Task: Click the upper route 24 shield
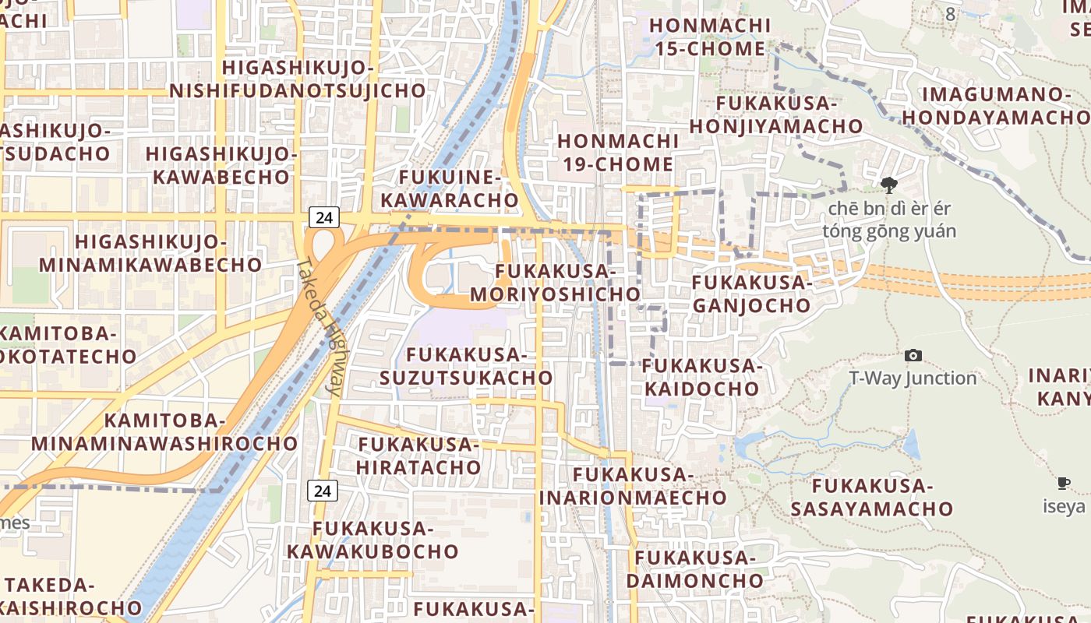[324, 217]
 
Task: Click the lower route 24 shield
[323, 490]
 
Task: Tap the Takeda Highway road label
[319, 327]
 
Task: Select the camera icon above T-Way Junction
[913, 356]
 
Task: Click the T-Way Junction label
[913, 378]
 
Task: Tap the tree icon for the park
[888, 185]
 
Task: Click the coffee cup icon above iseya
[1064, 484]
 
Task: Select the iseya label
[1064, 506]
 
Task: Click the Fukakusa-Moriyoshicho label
[555, 283]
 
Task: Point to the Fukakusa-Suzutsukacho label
[467, 367]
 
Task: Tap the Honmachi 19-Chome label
[616, 153]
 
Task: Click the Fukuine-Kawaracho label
[450, 188]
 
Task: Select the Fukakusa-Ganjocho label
[752, 294]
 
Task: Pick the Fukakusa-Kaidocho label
[701, 377]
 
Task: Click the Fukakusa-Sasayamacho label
[872, 498]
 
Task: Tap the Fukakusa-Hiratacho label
[419, 456]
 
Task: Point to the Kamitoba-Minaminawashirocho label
[164, 432]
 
